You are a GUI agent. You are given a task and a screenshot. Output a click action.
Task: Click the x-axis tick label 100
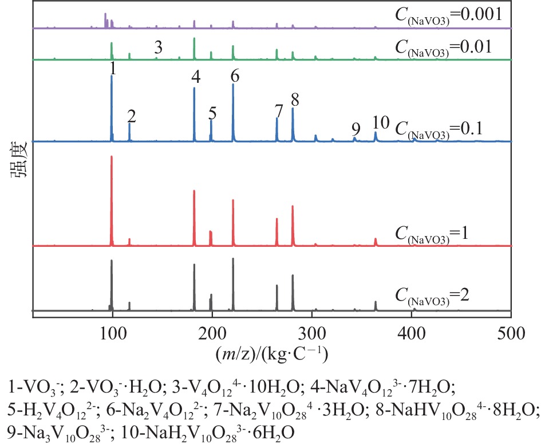(x=113, y=331)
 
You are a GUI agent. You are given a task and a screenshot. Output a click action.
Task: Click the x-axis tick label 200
(x=212, y=331)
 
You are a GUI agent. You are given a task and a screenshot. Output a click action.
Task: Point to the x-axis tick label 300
(x=312, y=331)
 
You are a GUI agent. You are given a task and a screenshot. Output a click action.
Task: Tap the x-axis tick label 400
(x=412, y=331)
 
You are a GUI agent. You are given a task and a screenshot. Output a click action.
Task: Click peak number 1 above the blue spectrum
(x=113, y=69)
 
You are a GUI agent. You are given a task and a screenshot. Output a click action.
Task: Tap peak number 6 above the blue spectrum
(x=235, y=76)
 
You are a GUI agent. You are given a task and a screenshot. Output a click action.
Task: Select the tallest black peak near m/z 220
(x=233, y=260)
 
